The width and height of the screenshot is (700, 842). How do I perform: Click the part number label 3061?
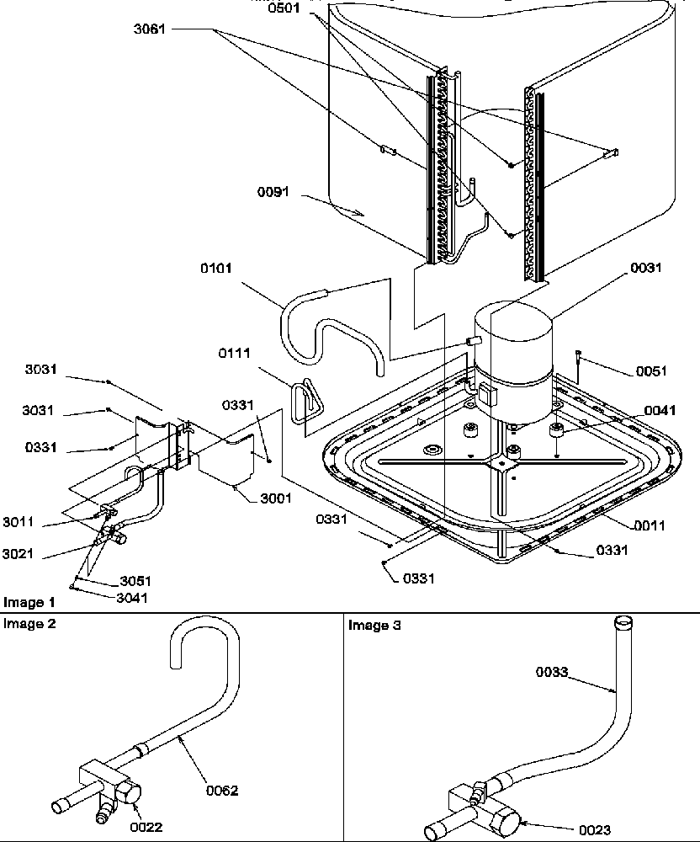click(x=149, y=29)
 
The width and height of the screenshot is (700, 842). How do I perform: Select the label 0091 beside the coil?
click(x=273, y=192)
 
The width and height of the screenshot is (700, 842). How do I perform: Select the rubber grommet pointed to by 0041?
click(x=555, y=431)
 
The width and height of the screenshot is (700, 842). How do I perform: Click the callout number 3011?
click(x=18, y=523)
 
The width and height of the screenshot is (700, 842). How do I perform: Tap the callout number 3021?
click(x=18, y=554)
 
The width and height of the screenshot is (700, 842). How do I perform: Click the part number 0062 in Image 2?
click(x=222, y=790)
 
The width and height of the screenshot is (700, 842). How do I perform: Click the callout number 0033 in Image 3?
click(x=554, y=672)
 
